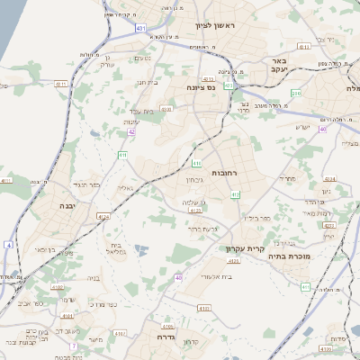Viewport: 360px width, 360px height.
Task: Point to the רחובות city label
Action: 222,171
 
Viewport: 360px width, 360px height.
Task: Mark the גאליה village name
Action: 126,188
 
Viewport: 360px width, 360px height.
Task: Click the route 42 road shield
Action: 131,131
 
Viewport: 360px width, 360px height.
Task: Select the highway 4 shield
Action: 8,244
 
